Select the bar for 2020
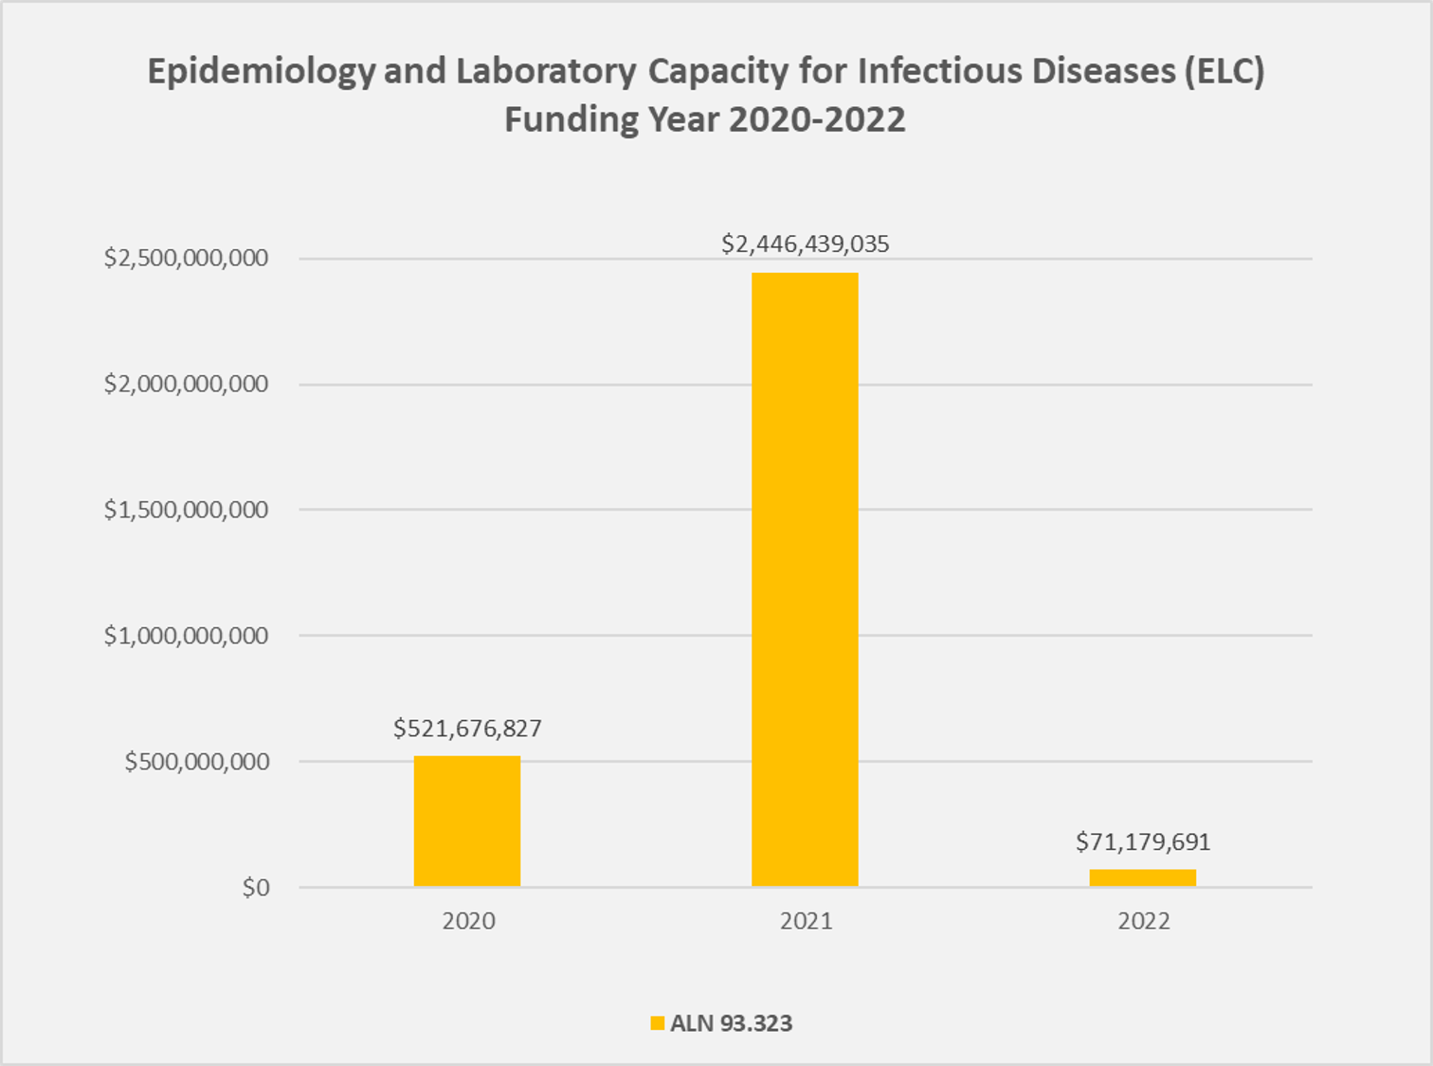tap(467, 821)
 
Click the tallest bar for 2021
tap(805, 579)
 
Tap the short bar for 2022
tap(1142, 877)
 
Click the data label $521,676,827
tap(467, 728)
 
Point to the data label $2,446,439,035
tap(805, 244)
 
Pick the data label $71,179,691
tap(1142, 841)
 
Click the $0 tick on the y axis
tap(256, 888)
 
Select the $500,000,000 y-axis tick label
tap(196, 762)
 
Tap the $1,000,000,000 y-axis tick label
tap(186, 636)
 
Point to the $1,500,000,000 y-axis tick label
tap(186, 510)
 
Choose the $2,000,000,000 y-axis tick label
tap(186, 384)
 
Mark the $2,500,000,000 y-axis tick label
tap(186, 258)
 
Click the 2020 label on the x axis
tap(468, 921)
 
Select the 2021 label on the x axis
tap(806, 921)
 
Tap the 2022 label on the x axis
tap(1143, 921)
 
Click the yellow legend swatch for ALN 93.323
tap(657, 1023)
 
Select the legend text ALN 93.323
tap(731, 1023)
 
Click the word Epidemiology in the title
tap(261, 72)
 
